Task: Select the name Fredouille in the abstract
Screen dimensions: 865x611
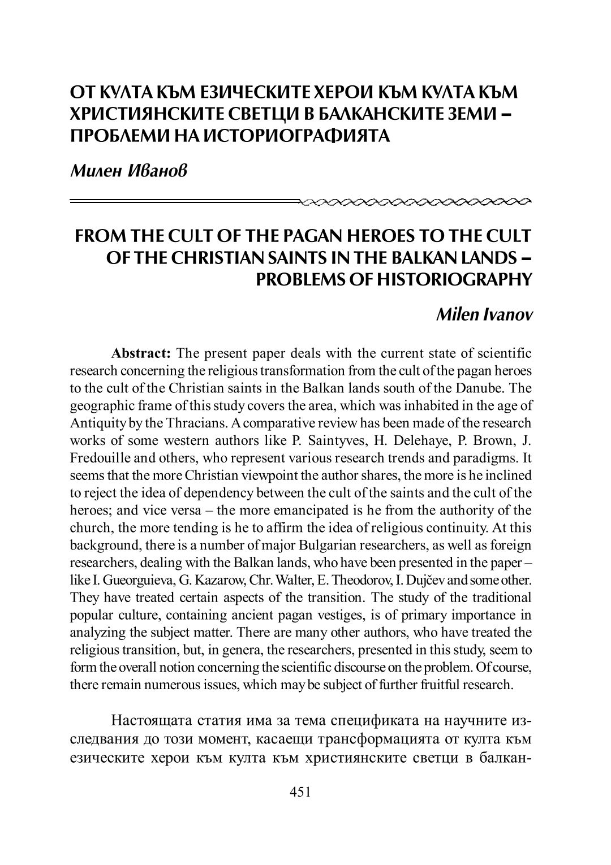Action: [98, 459]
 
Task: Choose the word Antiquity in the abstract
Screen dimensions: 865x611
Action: [95, 424]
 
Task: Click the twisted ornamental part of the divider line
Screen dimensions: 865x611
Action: [416, 200]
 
